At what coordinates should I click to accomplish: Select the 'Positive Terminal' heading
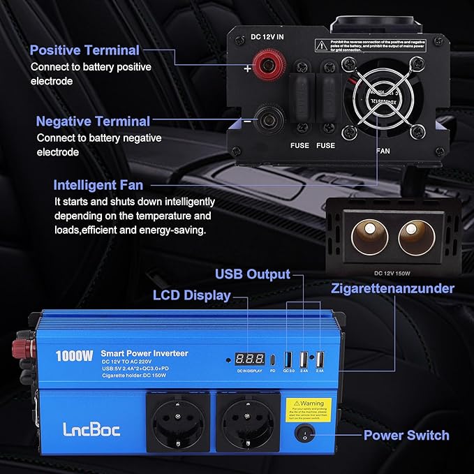click(84, 50)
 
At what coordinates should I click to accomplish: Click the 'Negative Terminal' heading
click(93, 121)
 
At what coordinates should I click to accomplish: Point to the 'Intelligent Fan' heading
click(98, 186)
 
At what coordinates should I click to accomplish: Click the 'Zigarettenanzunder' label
click(393, 288)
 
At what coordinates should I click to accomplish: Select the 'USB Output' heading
click(252, 274)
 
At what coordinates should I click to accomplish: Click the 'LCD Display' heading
click(191, 295)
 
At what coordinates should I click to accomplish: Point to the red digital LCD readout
click(248, 360)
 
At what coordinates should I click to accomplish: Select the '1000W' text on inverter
click(75, 355)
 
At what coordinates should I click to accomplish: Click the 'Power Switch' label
click(406, 436)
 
